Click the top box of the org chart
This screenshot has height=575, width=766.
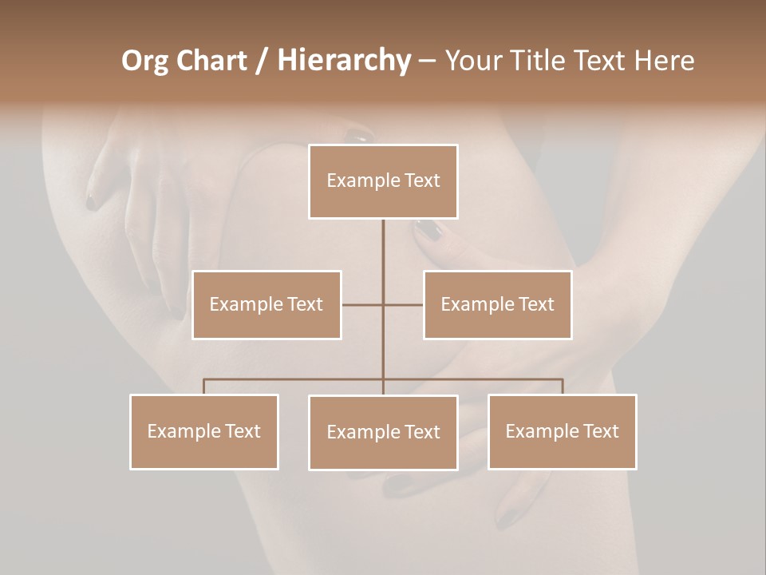(383, 181)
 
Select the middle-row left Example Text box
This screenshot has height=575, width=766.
(267, 304)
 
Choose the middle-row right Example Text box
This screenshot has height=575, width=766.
(497, 304)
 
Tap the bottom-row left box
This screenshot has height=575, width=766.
(204, 431)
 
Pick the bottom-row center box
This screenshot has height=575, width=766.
(383, 432)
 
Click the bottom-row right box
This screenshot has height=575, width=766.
(562, 431)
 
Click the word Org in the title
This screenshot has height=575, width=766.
(144, 61)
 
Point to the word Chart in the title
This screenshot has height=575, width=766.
(211, 61)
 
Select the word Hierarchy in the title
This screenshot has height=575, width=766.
(343, 61)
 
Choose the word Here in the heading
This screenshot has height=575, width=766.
(664, 61)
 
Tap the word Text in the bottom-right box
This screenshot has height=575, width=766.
(600, 431)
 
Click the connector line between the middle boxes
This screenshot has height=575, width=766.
(383, 304)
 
